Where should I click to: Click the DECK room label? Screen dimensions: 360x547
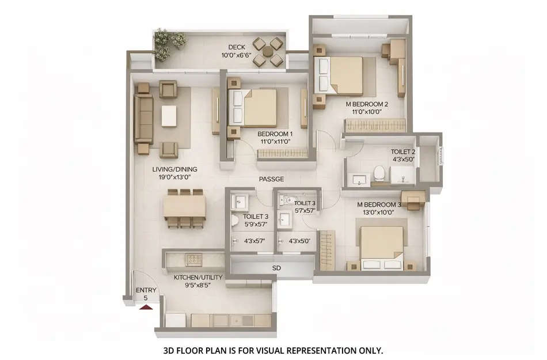pyautogui.click(x=237, y=47)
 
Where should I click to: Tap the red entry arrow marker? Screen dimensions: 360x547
pyautogui.click(x=146, y=307)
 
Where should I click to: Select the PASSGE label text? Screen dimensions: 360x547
pyautogui.click(x=271, y=179)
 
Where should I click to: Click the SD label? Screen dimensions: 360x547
pyautogui.click(x=276, y=268)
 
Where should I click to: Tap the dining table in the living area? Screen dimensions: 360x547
pyautogui.click(x=184, y=206)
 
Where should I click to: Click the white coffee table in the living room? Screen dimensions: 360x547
pyautogui.click(x=169, y=115)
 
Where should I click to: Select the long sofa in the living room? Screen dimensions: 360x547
pyautogui.click(x=143, y=119)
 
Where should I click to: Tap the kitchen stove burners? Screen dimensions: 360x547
pyautogui.click(x=194, y=259)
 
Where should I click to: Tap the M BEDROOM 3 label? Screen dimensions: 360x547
pyautogui.click(x=379, y=204)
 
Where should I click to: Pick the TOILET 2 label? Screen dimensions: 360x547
pyautogui.click(x=404, y=151)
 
